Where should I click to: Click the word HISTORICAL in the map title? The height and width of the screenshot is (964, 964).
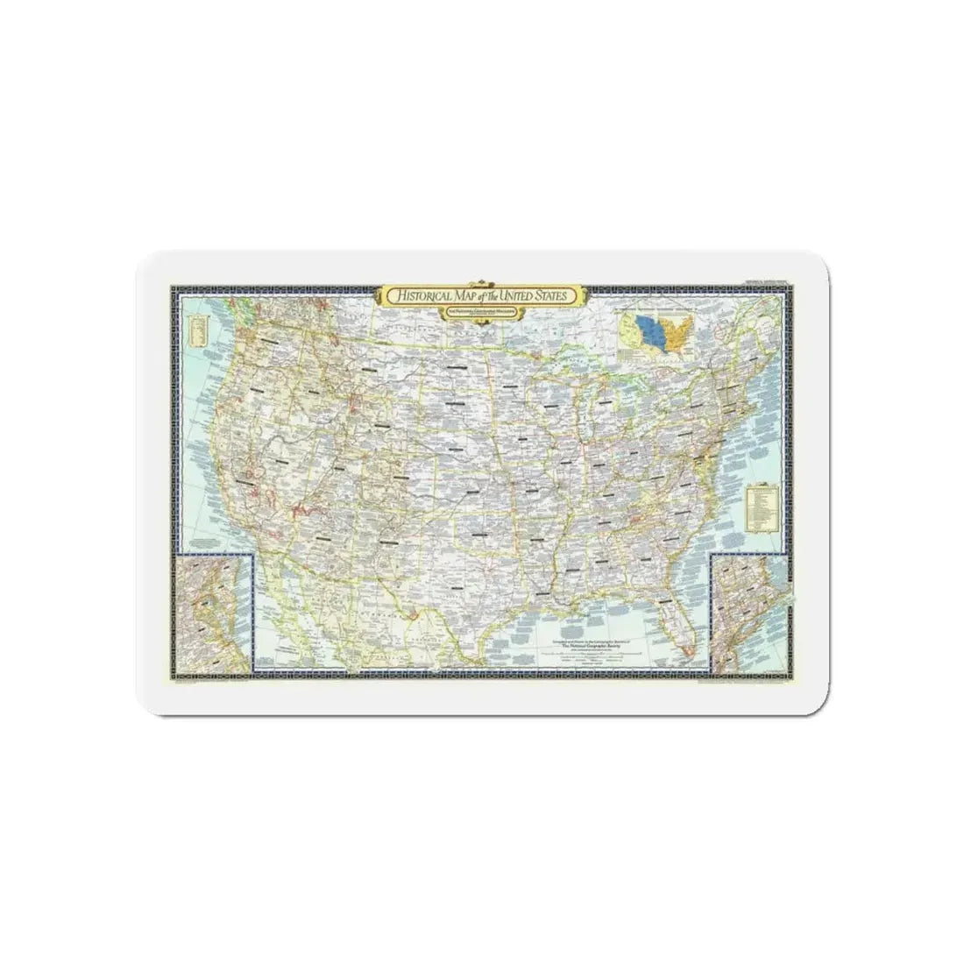[428, 297]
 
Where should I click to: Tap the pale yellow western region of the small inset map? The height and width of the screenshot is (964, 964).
[635, 327]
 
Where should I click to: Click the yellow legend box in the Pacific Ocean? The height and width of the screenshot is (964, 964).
[197, 334]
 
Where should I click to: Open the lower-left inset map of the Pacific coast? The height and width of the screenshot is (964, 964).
[215, 616]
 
